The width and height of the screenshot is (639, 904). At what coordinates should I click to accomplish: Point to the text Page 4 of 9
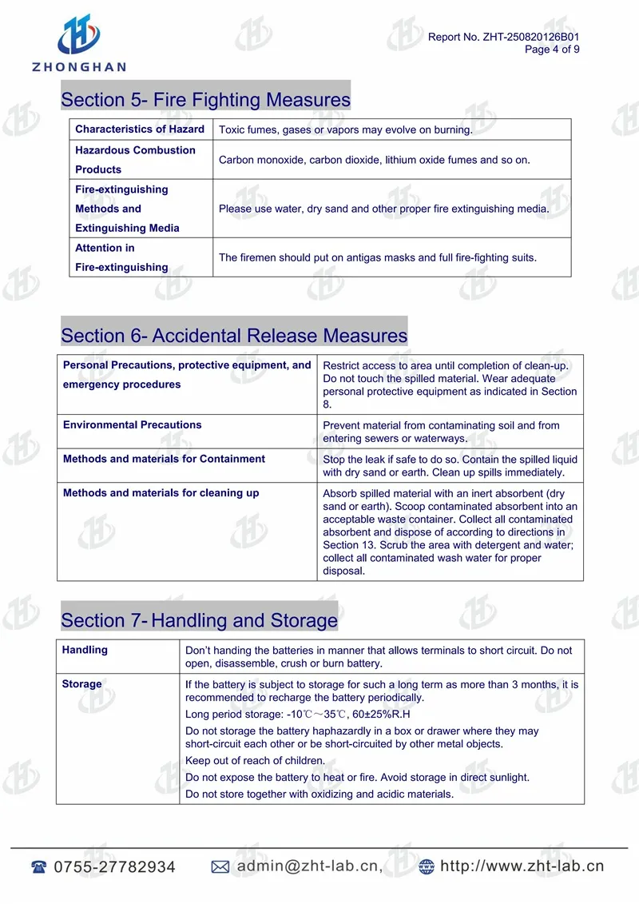[x=552, y=50]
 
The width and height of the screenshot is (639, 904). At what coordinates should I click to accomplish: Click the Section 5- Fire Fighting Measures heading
[x=205, y=100]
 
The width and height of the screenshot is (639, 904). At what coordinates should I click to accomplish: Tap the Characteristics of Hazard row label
[x=140, y=129]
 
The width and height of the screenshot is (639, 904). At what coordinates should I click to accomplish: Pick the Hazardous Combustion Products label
[x=135, y=160]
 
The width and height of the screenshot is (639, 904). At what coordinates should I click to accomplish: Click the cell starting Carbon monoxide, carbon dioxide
[x=374, y=160]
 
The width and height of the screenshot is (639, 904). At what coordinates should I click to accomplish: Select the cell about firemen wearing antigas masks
[x=377, y=257]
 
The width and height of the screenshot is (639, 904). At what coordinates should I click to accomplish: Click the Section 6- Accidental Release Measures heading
[x=234, y=336]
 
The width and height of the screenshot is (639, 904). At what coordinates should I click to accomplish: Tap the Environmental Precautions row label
[x=132, y=425]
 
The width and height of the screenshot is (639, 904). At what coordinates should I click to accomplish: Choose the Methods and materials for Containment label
[x=164, y=459]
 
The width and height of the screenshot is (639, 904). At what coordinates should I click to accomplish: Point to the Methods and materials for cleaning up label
[x=161, y=493]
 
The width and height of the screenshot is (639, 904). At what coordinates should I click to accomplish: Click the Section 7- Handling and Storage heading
[x=199, y=620]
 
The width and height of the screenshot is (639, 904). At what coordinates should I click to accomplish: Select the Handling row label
[x=85, y=650]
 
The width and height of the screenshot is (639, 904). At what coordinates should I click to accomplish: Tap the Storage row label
[x=81, y=684]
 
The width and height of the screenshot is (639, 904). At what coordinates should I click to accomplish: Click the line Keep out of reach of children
[x=255, y=761]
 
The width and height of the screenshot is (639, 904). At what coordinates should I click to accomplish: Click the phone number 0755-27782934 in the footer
[x=114, y=867]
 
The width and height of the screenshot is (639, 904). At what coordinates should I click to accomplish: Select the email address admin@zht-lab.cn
[x=309, y=866]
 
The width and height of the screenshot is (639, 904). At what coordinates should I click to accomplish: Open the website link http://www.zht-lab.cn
[x=522, y=866]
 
